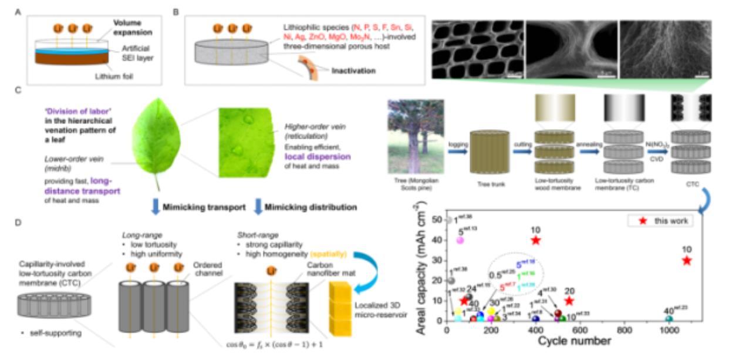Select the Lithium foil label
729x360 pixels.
pyautogui.click(x=124, y=75)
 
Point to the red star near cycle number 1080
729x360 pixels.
pyautogui.click(x=687, y=260)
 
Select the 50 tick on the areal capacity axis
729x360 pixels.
pyautogui.click(x=437, y=220)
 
